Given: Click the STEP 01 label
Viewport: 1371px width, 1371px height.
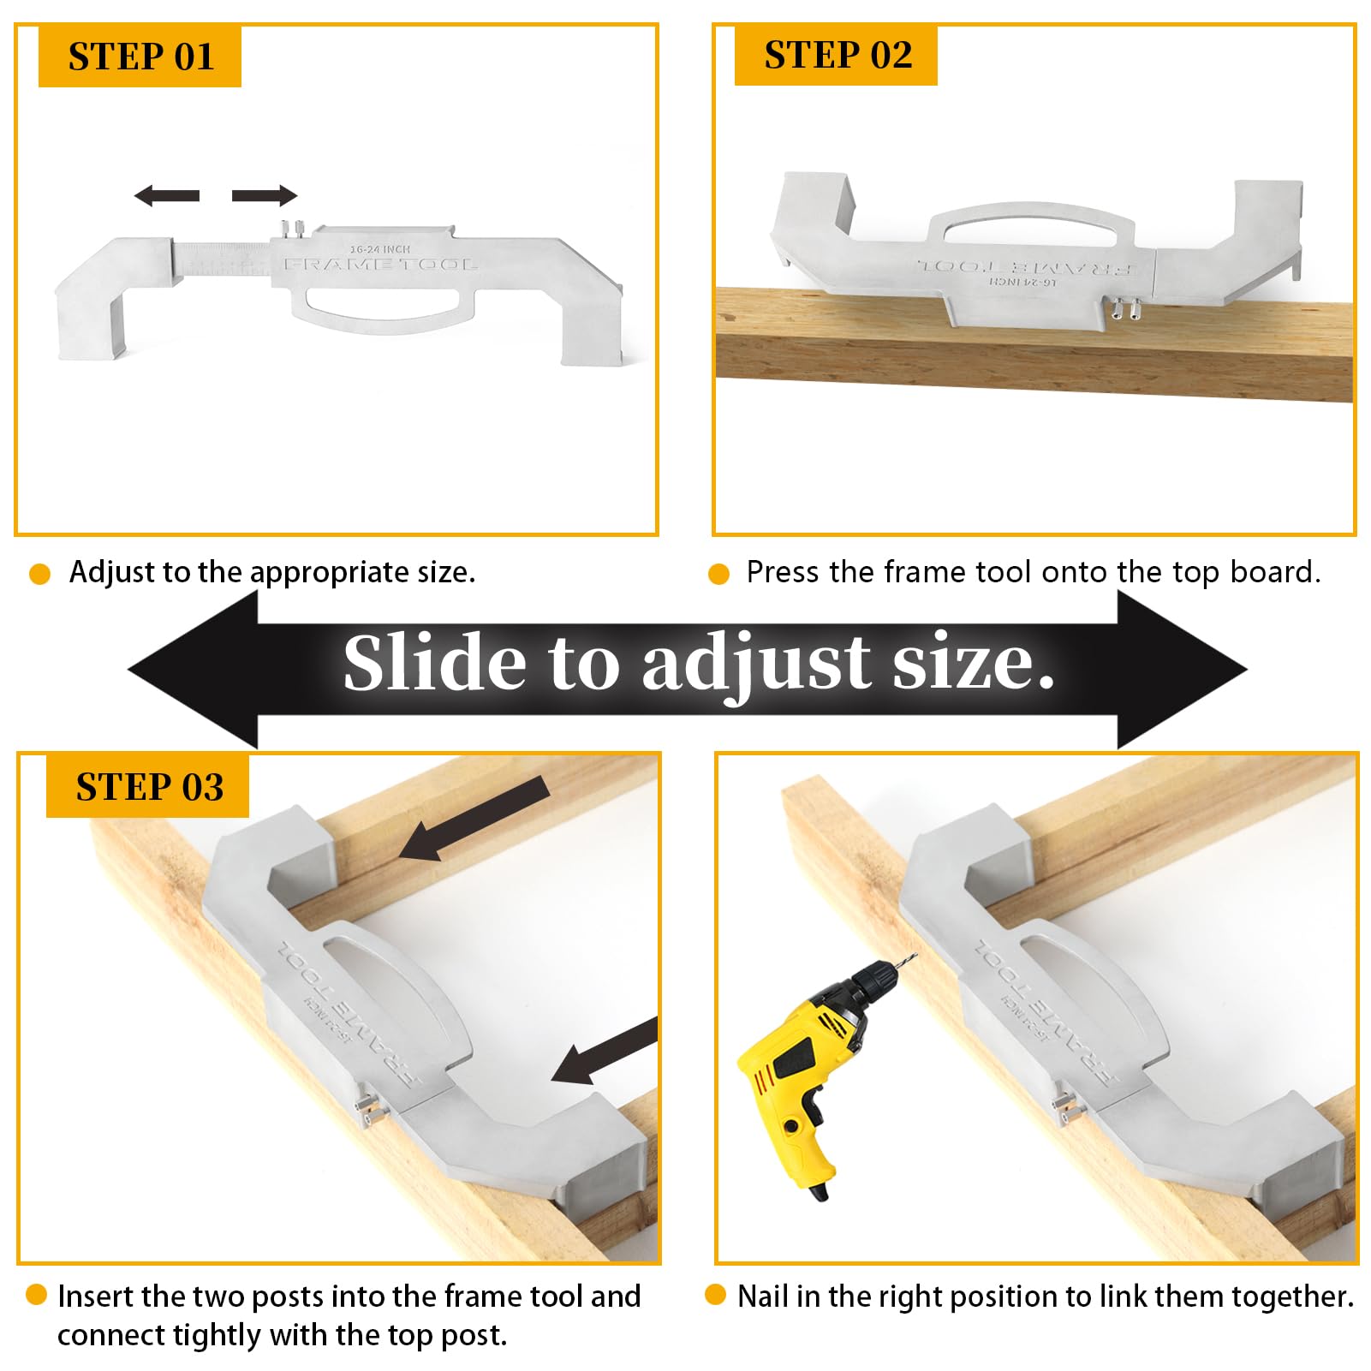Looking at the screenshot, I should (x=140, y=57).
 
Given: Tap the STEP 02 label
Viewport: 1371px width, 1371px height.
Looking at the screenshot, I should (x=837, y=55).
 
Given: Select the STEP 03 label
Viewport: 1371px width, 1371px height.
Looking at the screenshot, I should (x=148, y=786).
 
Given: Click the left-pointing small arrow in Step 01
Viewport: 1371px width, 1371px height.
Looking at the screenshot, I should (x=167, y=196).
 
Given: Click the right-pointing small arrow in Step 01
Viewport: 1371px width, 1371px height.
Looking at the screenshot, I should (x=265, y=196).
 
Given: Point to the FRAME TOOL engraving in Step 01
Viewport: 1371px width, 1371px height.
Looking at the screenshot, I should (x=380, y=265).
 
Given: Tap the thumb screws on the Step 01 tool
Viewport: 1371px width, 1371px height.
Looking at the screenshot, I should (x=293, y=229).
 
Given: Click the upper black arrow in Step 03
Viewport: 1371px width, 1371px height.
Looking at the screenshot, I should (x=476, y=817).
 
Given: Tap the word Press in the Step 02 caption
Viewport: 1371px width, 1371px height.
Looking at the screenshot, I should (x=781, y=571).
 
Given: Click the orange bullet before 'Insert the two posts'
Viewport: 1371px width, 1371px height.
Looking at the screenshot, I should (x=36, y=1294).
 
